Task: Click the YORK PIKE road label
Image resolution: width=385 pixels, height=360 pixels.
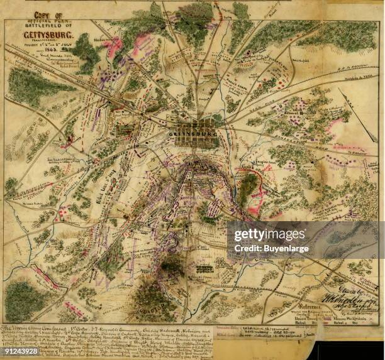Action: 277,111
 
